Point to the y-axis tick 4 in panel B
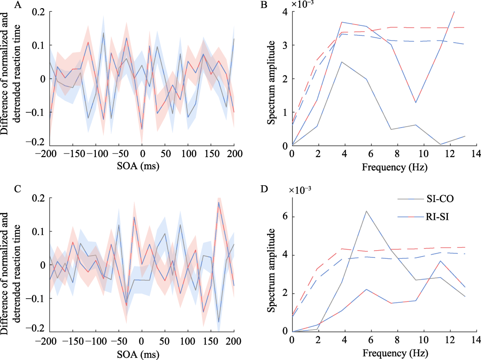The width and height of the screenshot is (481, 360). point(285,12)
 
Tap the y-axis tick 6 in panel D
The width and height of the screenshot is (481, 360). point(285,217)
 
